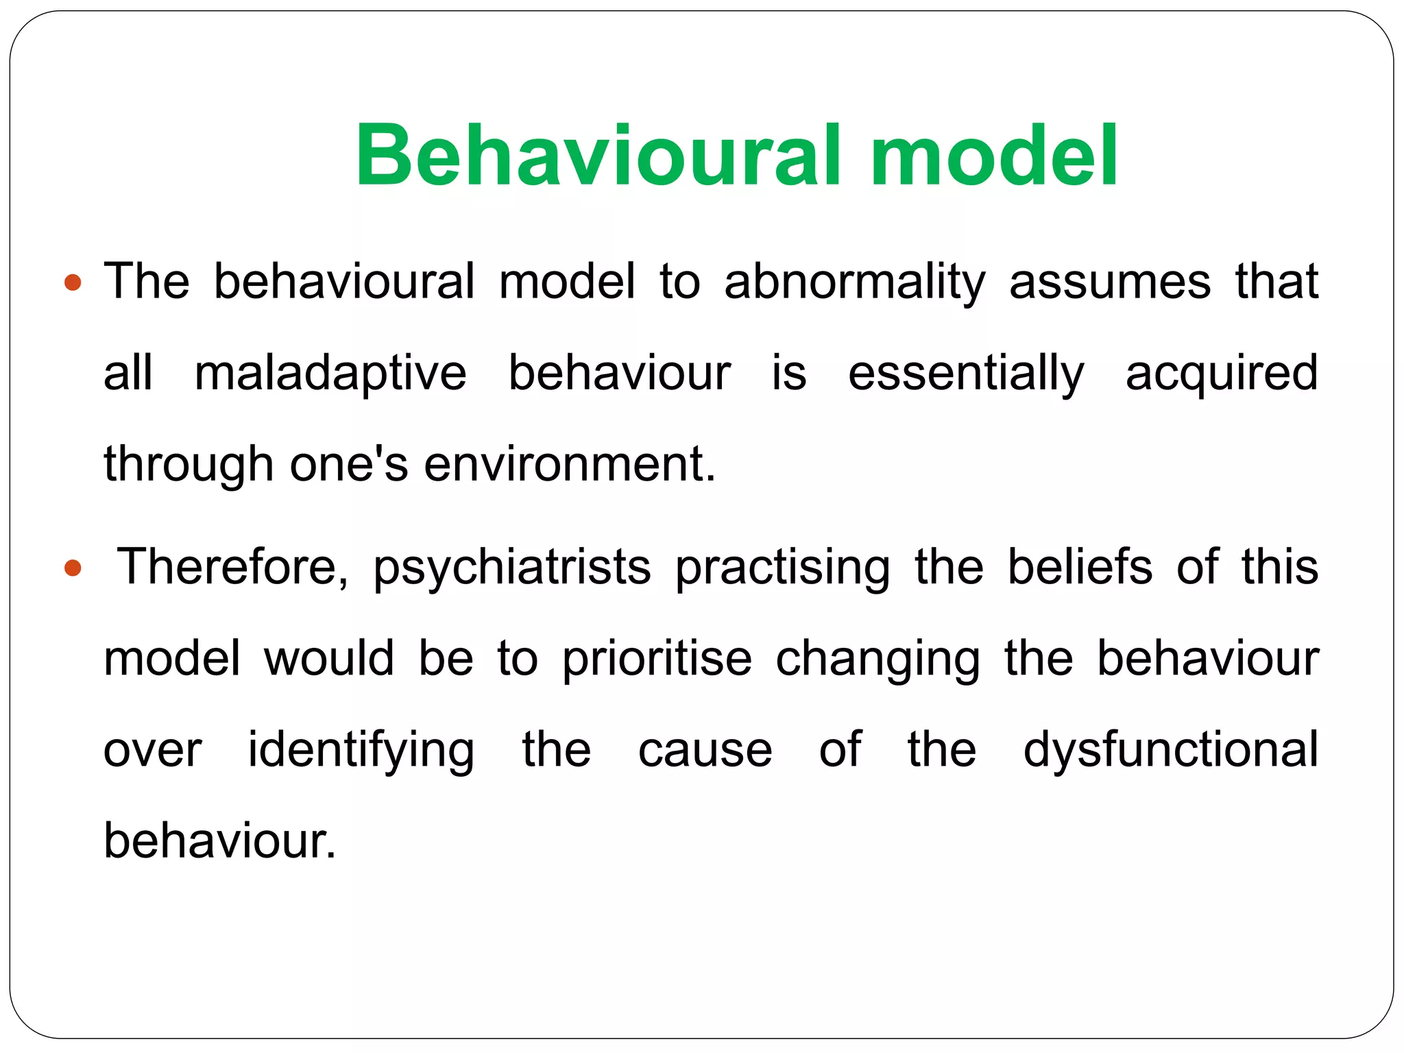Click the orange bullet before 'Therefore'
tap(72, 568)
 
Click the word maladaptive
tap(330, 374)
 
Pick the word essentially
tap(966, 374)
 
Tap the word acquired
tap(1222, 374)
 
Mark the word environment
tap(570, 464)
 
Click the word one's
tap(348, 464)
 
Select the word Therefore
tap(233, 568)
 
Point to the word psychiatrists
tap(511, 568)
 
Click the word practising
tap(782, 568)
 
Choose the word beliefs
tap(1080, 568)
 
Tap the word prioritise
tap(657, 659)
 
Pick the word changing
tap(877, 659)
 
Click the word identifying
tap(361, 750)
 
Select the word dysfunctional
tap(1171, 750)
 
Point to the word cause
tap(705, 750)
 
